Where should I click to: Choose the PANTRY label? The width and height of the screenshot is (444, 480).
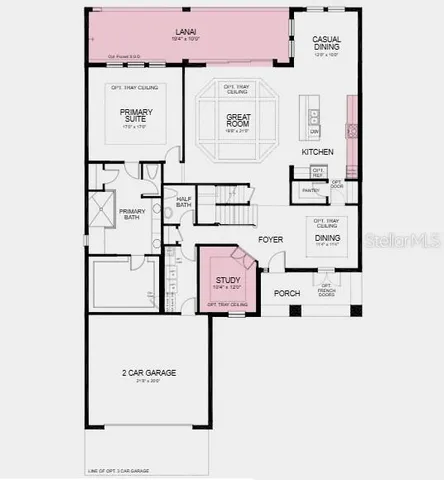[297, 187]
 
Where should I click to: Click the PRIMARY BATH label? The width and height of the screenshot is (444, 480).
[133, 215]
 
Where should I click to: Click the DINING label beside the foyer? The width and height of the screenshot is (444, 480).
[327, 239]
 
